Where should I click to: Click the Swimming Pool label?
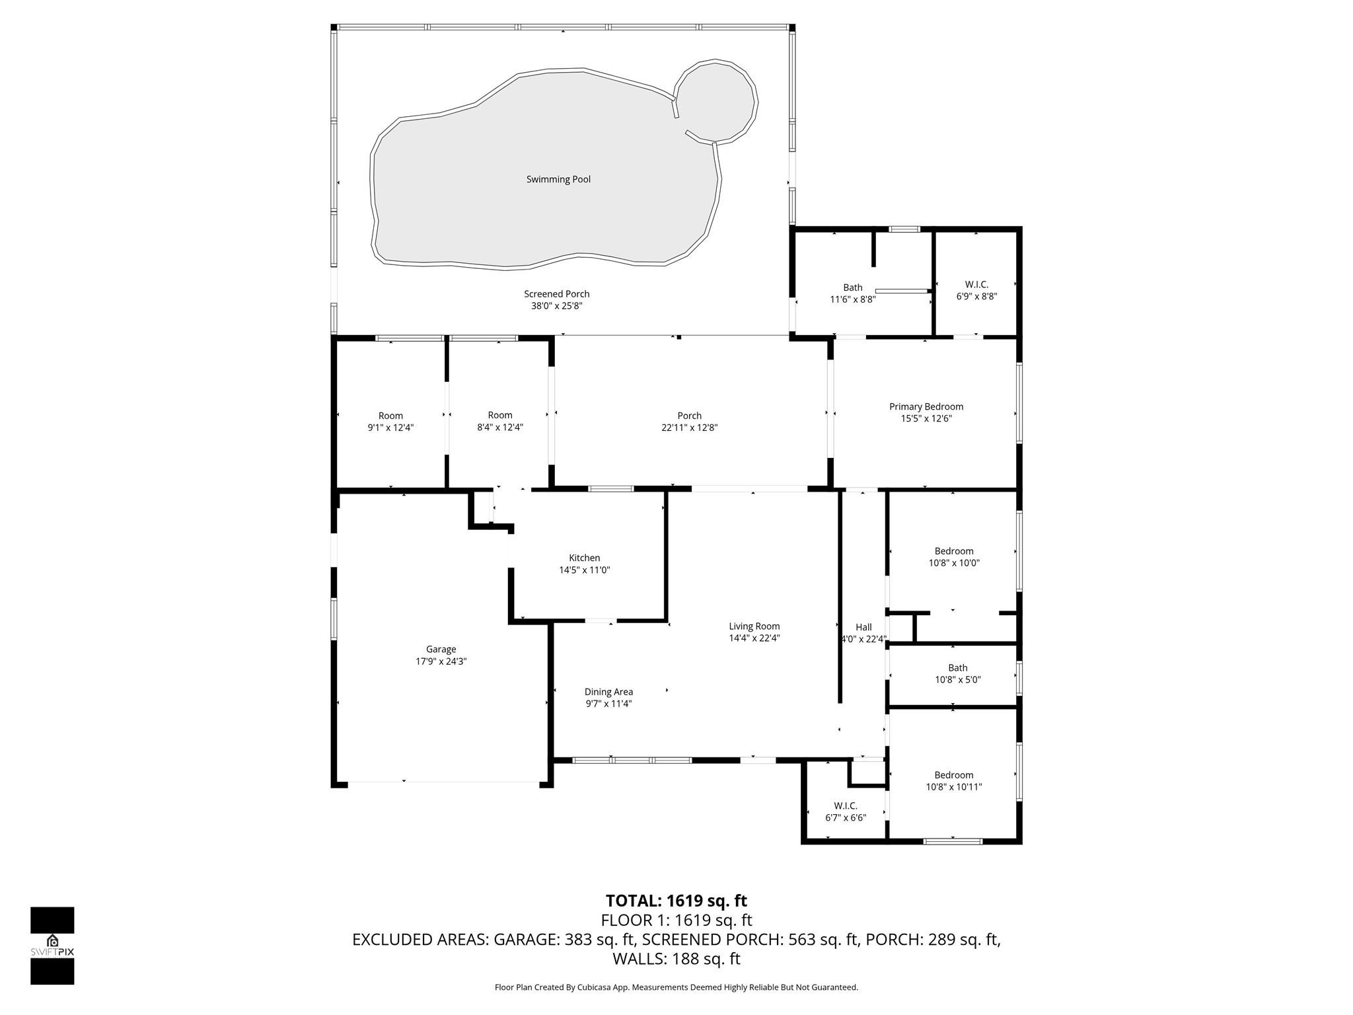(x=558, y=179)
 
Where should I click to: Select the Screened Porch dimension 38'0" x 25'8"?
(x=556, y=306)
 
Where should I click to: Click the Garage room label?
(x=441, y=649)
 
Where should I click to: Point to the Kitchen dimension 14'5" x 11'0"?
(x=584, y=570)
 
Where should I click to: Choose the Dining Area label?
(x=608, y=692)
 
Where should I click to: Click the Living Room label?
(x=754, y=626)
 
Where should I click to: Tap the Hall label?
(x=863, y=627)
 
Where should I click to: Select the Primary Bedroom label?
(x=926, y=406)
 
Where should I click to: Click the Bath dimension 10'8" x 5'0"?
(x=957, y=679)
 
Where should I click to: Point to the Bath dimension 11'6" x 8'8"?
(x=852, y=299)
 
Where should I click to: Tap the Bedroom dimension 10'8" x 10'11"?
(x=953, y=786)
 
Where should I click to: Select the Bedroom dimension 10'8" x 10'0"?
(x=953, y=563)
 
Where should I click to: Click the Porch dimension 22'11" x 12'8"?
(x=689, y=428)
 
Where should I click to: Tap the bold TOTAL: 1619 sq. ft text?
(x=676, y=901)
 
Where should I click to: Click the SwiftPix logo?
(x=52, y=945)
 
